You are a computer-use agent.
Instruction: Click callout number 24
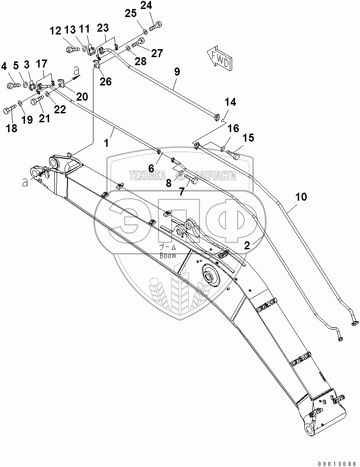pyautogui.click(x=146, y=7)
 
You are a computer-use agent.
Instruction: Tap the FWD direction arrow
pyautogui.click(x=218, y=57)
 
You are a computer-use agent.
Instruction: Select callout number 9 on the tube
pyautogui.click(x=177, y=72)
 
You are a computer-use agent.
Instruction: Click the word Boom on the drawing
pyautogui.click(x=167, y=255)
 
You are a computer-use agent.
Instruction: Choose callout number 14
pyautogui.click(x=230, y=102)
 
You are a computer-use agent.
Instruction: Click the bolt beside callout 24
pyautogui.click(x=155, y=26)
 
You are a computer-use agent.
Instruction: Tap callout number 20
pyautogui.click(x=82, y=97)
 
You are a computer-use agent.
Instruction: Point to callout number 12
pyautogui.click(x=56, y=31)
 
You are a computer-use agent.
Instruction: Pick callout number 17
pyautogui.click(x=42, y=63)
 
